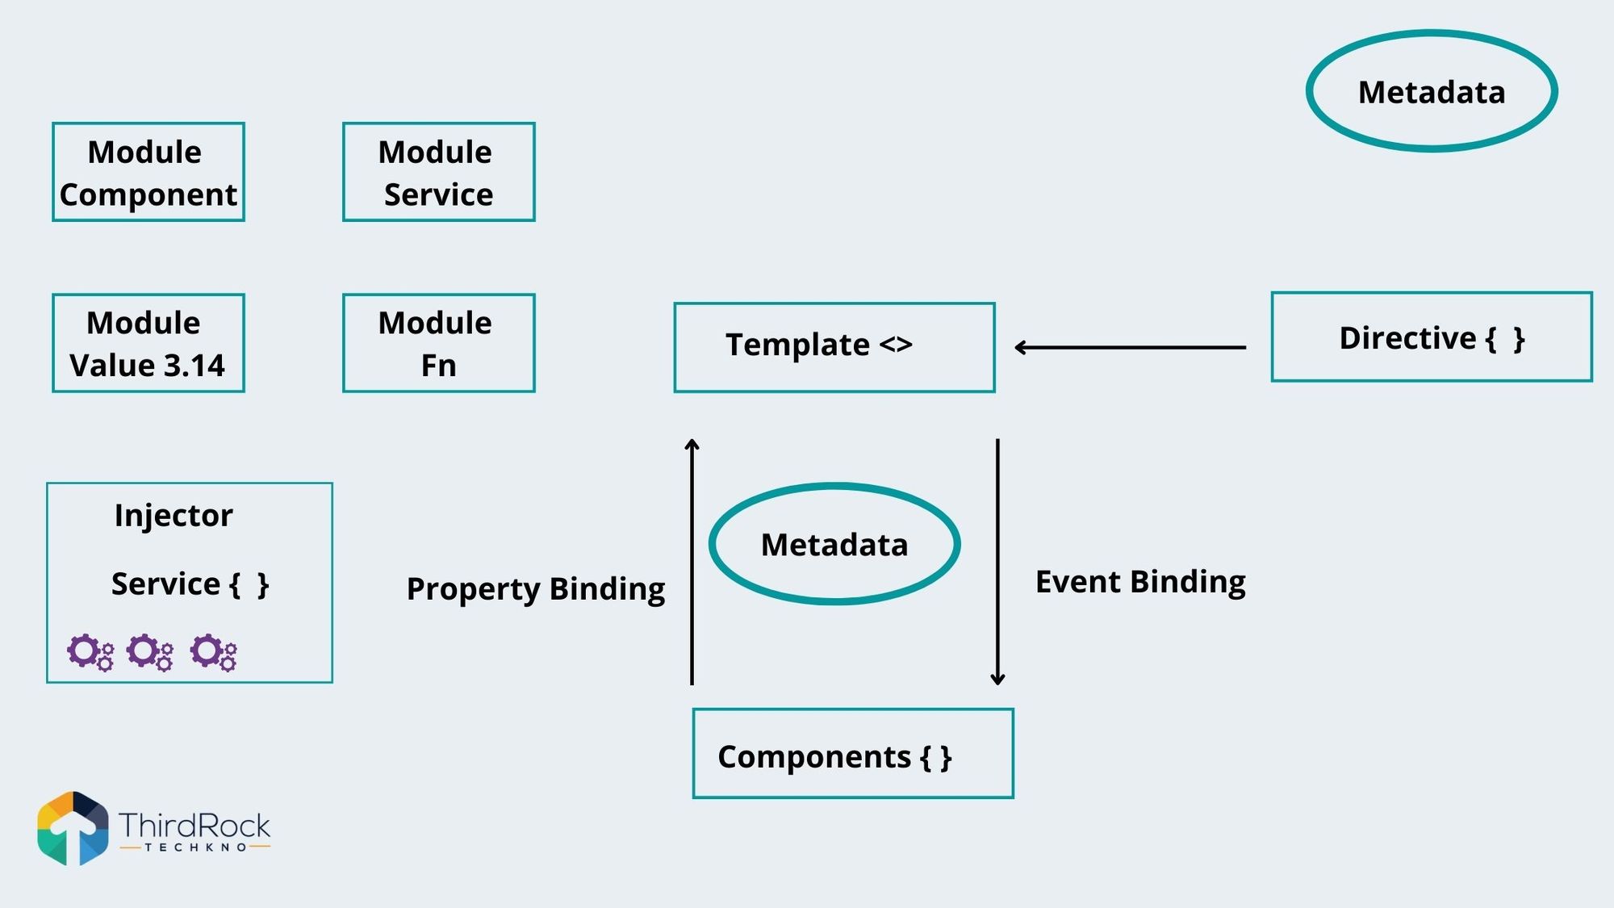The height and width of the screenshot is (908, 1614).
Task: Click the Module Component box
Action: (x=148, y=172)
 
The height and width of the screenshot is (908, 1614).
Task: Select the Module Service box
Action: (x=438, y=172)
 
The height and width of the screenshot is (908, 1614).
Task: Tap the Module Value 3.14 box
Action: (x=148, y=343)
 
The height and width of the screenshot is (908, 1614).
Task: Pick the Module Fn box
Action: (x=438, y=343)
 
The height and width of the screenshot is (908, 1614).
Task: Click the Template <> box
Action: (x=834, y=347)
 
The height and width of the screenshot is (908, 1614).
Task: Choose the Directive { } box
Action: (x=1431, y=337)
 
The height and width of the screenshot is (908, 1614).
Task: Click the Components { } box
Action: (x=853, y=754)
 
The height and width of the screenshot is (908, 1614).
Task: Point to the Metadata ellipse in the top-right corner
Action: (x=1431, y=91)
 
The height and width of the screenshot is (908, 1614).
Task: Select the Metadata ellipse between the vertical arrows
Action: (x=834, y=544)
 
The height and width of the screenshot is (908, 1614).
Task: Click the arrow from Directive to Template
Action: (x=1130, y=347)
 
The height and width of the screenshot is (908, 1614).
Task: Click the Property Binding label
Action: (x=535, y=588)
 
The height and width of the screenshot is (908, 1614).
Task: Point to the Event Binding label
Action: (x=1139, y=581)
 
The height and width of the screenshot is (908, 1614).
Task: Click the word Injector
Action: (x=174, y=515)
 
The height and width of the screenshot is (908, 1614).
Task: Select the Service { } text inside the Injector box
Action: (x=190, y=584)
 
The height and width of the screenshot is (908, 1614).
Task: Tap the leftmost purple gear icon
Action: (x=90, y=652)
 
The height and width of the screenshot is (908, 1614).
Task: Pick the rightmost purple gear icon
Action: (x=213, y=652)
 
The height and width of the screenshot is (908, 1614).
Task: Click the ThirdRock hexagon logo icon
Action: (x=73, y=828)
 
